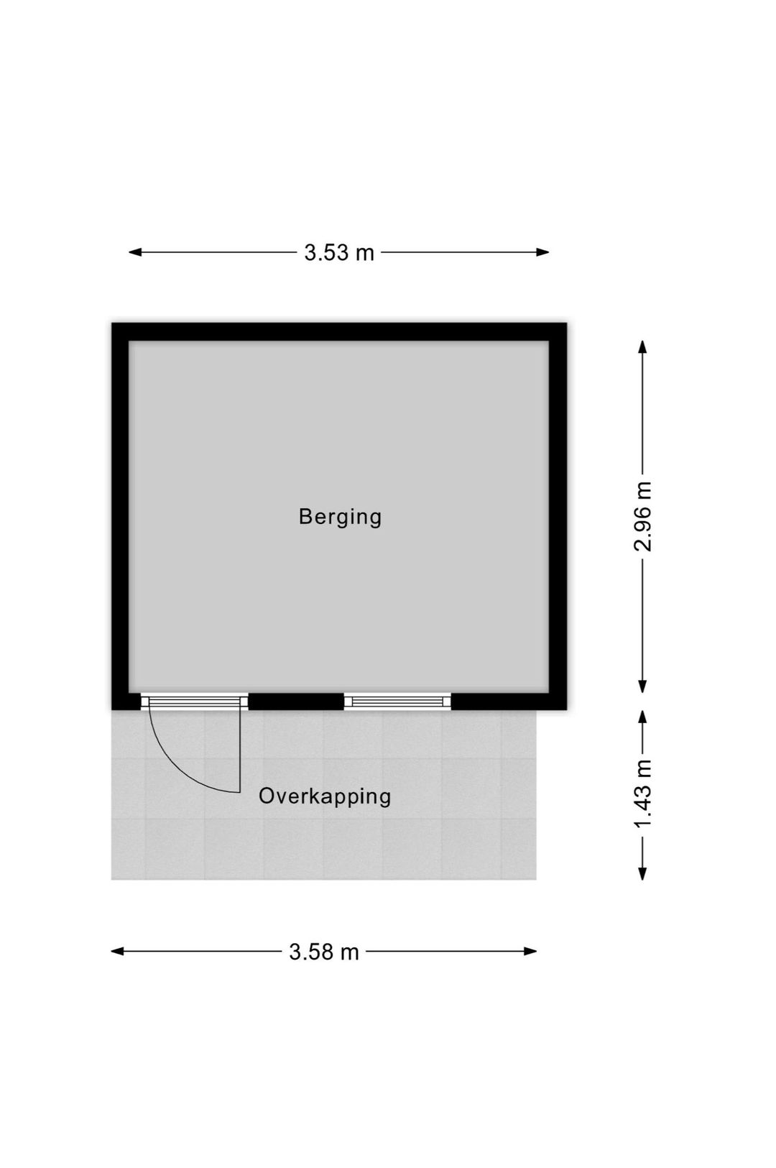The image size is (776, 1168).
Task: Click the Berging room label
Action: tap(335, 510)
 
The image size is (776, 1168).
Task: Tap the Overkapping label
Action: tap(320, 786)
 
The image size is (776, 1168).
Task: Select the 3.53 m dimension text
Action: tap(334, 249)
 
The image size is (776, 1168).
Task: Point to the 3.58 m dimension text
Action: tap(319, 938)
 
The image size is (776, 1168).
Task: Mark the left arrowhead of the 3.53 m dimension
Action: tap(133, 249)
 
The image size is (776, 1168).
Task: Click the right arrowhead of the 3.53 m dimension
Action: tap(535, 249)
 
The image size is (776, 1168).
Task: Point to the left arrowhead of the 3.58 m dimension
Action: tap(115, 938)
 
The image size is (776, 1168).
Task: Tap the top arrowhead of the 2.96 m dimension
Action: tap(633, 341)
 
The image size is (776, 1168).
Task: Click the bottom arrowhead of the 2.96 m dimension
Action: tap(633, 676)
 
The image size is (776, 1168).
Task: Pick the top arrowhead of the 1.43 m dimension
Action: tap(633, 706)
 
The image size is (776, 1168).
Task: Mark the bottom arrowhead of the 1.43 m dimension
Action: tap(633, 860)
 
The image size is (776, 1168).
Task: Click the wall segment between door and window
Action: tap(291, 691)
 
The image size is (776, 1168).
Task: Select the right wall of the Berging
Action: tap(550, 508)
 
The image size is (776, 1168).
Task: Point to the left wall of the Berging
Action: tap(119, 508)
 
